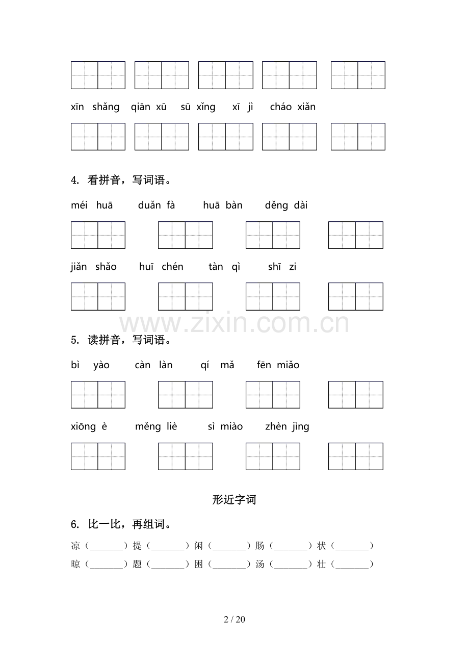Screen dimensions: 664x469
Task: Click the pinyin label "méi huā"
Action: (x=92, y=206)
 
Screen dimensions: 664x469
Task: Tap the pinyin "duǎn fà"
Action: (x=157, y=206)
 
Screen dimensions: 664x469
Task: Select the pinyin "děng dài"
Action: (x=286, y=206)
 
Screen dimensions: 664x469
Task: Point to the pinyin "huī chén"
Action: (x=161, y=267)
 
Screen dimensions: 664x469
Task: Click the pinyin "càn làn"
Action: (x=153, y=365)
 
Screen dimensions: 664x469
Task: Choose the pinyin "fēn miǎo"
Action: (x=278, y=365)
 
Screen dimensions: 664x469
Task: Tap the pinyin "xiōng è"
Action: (x=89, y=427)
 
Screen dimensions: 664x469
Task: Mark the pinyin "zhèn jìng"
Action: (x=287, y=427)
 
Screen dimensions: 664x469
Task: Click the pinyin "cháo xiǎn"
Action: (x=293, y=107)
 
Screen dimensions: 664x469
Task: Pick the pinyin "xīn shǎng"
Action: (x=95, y=107)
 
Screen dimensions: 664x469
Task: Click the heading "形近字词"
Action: (x=234, y=500)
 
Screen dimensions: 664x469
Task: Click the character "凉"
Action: (x=75, y=546)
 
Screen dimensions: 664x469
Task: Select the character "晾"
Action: (x=75, y=564)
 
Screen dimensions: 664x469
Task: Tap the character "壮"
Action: (x=321, y=564)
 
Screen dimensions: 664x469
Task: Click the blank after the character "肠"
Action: (x=291, y=546)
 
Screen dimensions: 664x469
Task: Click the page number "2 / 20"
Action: (x=234, y=620)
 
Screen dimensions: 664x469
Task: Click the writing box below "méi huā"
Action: (x=98, y=235)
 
